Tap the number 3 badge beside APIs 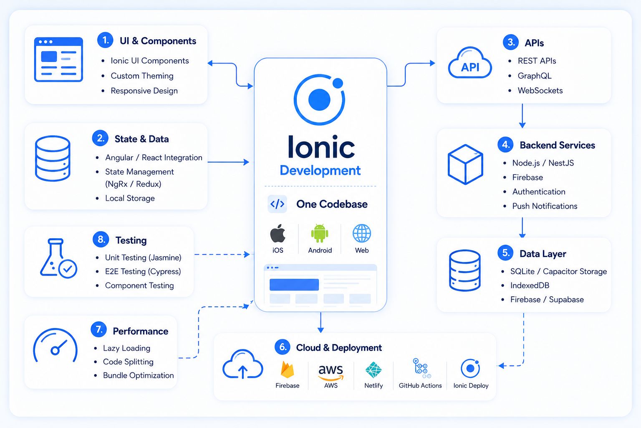511,42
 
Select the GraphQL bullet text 534,76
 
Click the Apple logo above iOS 278,233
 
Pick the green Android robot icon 320,233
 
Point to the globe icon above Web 362,233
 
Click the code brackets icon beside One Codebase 277,204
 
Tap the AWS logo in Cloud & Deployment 331,372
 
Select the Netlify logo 373,370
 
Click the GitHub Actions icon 421,368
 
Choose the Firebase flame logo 287,370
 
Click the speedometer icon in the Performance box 55,346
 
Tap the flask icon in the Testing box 58,258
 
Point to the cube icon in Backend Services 465,164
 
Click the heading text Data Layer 543,254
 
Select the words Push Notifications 545,206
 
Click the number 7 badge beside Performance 99,329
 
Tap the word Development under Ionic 320,170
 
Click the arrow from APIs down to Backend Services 522,116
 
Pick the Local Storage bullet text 130,198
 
